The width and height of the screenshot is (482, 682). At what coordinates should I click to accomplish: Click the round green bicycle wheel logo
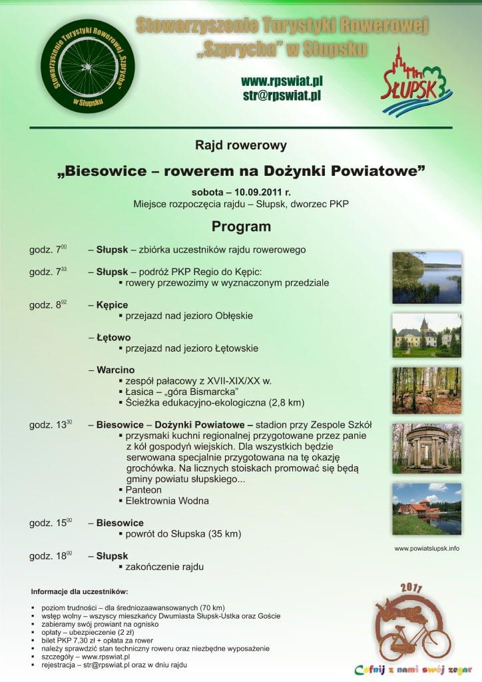click(87, 66)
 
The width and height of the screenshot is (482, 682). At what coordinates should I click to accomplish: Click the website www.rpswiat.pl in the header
click(282, 81)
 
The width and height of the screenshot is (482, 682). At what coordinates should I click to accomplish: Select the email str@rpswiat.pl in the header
click(282, 95)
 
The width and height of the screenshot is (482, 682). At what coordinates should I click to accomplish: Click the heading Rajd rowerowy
click(241, 145)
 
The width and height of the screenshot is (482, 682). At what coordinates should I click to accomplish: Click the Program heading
click(241, 226)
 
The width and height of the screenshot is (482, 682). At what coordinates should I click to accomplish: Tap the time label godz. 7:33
click(48, 272)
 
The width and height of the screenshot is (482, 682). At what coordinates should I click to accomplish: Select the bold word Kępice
click(112, 305)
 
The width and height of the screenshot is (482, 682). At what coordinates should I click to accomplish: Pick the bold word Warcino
click(116, 370)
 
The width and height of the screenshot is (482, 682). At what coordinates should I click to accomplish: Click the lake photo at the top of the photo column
click(427, 278)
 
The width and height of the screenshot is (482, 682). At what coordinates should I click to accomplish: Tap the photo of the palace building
click(427, 336)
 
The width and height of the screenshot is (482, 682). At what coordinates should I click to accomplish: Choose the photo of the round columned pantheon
click(427, 448)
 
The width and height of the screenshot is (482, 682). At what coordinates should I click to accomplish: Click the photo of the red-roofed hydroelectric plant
click(427, 509)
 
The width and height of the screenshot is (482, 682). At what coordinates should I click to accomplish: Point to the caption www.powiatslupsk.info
click(427, 549)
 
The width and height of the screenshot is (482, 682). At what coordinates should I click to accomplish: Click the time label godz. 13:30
click(51, 424)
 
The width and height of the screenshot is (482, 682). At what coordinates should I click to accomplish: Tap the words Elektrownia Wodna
click(167, 501)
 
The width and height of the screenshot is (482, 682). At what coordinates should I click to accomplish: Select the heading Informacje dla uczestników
click(79, 592)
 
